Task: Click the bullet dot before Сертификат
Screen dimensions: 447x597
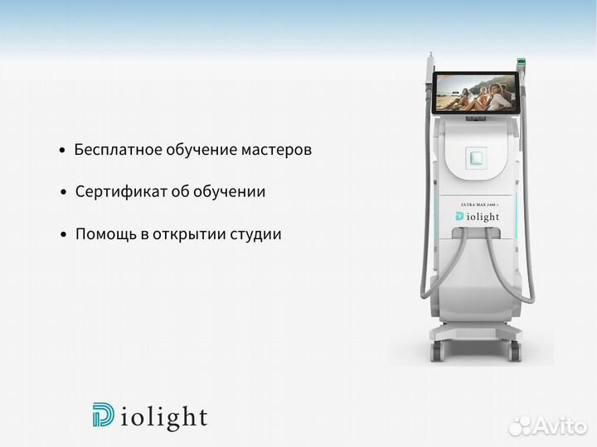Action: pyautogui.click(x=63, y=193)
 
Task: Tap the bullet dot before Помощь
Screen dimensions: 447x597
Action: pyautogui.click(x=63, y=235)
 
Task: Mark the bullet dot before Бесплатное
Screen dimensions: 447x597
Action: pyautogui.click(x=62, y=151)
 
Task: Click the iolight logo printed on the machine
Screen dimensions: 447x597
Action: pyautogui.click(x=478, y=217)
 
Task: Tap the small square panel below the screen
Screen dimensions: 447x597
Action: pyautogui.click(x=476, y=157)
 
